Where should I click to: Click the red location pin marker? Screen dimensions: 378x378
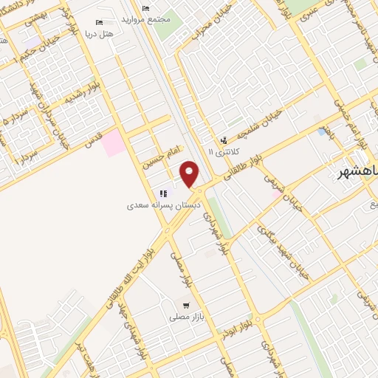pyautogui.click(x=190, y=173)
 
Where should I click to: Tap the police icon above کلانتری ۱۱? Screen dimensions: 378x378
pyautogui.click(x=224, y=140)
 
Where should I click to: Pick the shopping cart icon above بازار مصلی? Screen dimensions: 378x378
pyautogui.click(x=187, y=304)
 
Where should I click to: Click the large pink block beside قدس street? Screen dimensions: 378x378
pyautogui.click(x=114, y=142)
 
